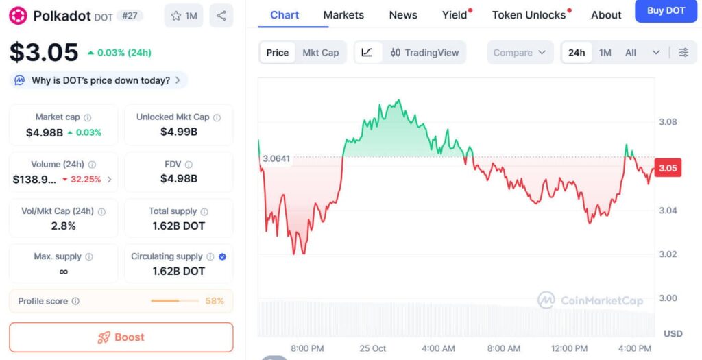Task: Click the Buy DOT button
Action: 666,11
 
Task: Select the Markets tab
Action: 343,14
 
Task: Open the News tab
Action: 403,14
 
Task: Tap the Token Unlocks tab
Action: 529,14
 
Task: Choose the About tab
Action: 606,14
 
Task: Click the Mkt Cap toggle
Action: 321,53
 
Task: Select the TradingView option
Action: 424,53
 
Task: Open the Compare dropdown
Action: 520,53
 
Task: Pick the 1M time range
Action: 605,53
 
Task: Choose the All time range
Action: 631,53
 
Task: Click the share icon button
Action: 221,16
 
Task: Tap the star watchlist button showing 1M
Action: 184,16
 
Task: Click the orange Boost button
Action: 121,337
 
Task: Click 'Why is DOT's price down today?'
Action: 100,80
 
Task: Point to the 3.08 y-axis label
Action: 667,122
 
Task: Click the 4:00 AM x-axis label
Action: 438,348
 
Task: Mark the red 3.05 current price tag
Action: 668,167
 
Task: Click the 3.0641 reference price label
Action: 276,158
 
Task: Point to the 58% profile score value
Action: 215,301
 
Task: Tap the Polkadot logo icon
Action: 18,16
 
